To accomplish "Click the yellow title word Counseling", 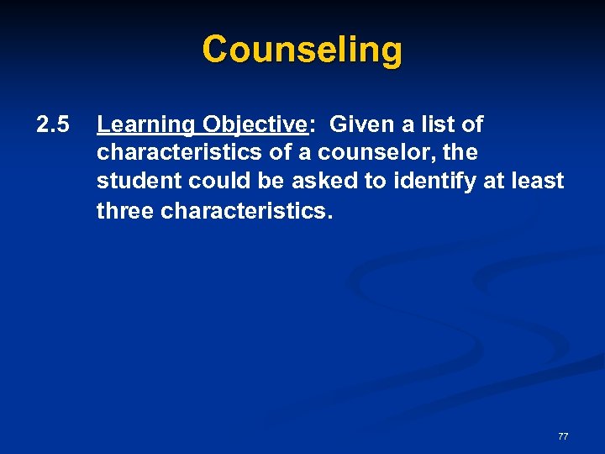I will tap(302, 49).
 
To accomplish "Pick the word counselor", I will tap(374, 154).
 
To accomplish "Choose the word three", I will tap(125, 210).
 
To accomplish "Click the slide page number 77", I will tap(563, 436).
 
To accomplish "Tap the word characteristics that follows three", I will tap(246, 210).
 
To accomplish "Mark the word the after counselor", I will tap(460, 154).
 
